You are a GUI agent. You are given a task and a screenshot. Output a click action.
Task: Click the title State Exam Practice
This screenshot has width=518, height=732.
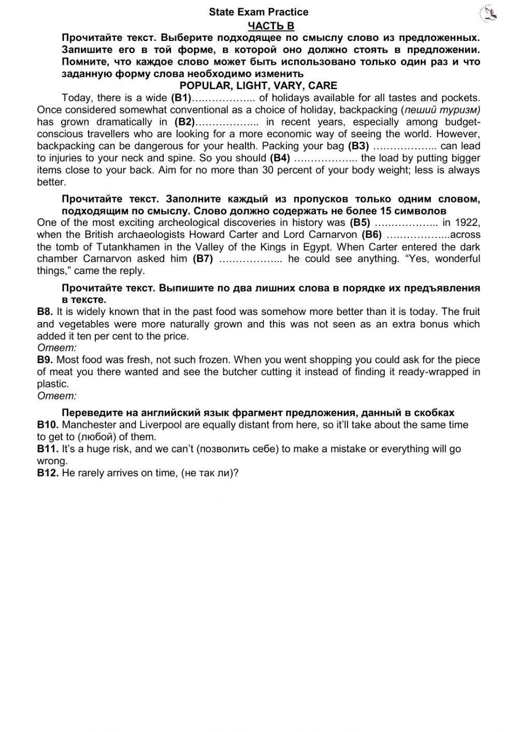[x=258, y=12]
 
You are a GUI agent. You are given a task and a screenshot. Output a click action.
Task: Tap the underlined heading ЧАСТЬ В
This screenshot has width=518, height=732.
[x=271, y=26]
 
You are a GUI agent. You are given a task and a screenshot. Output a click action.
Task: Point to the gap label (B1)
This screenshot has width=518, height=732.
[x=181, y=98]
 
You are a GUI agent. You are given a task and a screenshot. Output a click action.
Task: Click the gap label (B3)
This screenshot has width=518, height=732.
[x=358, y=146]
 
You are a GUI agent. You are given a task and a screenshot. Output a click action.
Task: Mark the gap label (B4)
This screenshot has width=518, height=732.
[x=280, y=158]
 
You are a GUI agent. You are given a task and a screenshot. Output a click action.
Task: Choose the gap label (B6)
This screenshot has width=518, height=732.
[x=371, y=235]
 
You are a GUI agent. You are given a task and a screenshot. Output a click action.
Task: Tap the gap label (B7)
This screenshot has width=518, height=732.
[x=203, y=259]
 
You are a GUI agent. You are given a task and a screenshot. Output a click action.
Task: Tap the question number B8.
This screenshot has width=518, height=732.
[x=45, y=312]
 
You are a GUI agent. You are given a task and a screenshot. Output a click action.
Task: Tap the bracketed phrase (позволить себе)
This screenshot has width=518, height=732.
[x=238, y=449]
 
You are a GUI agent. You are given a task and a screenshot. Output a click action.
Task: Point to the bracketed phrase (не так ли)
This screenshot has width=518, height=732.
[x=208, y=473]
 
